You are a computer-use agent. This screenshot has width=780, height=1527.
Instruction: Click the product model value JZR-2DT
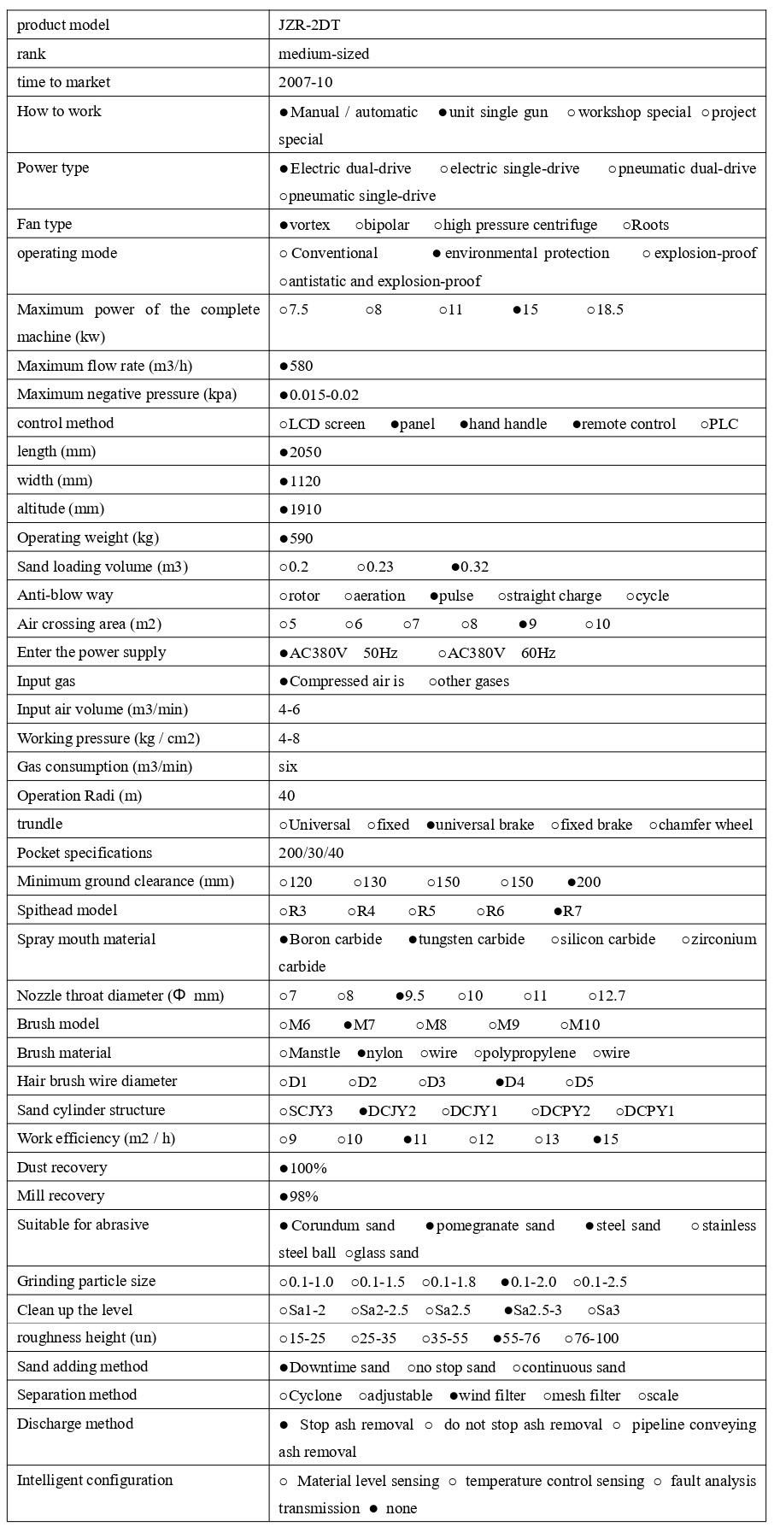pos(309,26)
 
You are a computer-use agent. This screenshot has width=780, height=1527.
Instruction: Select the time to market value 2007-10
pos(306,83)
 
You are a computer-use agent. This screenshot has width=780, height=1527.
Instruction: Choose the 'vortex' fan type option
pos(305,226)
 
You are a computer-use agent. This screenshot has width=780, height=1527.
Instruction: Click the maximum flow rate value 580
pos(296,367)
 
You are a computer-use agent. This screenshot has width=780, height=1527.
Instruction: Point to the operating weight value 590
pos(296,539)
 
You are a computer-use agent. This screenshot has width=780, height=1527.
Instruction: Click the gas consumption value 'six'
pos(288,767)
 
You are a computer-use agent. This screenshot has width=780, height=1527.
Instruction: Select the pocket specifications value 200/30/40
pos(311,854)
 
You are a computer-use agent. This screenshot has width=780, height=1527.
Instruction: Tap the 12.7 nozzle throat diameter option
pos(607,996)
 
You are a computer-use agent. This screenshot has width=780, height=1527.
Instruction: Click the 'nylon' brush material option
pos(379,1054)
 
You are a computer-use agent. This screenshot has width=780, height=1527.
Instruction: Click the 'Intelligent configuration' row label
pos(95,1481)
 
